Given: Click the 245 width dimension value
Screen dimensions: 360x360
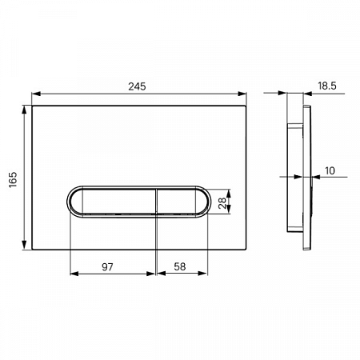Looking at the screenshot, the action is click(x=137, y=86).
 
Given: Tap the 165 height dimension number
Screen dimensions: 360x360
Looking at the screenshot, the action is click(x=13, y=179).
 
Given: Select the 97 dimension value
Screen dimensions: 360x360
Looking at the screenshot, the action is click(x=107, y=266).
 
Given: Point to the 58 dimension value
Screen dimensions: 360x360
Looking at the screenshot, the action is click(x=180, y=266).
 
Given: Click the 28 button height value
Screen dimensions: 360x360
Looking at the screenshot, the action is click(x=222, y=203).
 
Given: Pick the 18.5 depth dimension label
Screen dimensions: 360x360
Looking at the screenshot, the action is click(x=327, y=86).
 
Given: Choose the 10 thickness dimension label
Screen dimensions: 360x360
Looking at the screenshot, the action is click(x=330, y=170).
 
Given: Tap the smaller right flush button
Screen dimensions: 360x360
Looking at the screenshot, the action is click(x=182, y=202).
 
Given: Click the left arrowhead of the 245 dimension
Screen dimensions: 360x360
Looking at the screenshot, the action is click(x=36, y=94).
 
